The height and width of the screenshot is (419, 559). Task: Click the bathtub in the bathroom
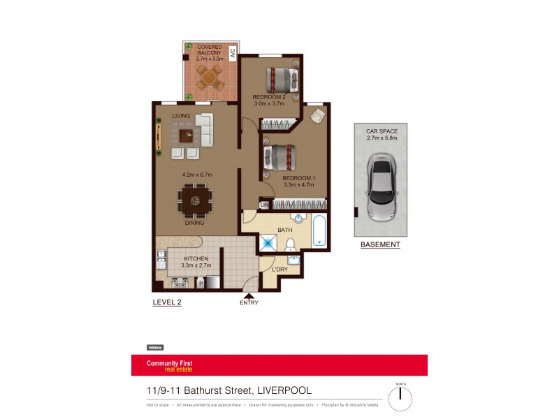[319, 233]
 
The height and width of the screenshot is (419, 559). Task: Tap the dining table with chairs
[195, 200]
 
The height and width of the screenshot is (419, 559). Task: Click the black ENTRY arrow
[248, 295]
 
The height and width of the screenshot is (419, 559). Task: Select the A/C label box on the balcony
[233, 51]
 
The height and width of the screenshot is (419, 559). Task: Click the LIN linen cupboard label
[264, 205]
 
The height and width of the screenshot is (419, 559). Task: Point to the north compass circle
[400, 399]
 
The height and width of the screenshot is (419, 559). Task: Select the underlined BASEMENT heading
[380, 244]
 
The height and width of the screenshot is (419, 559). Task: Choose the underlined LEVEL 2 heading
[167, 302]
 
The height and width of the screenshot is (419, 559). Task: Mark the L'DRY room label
[279, 270]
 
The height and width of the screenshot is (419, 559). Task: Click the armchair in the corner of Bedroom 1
[318, 116]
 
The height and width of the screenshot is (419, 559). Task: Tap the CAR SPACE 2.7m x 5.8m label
[382, 134]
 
